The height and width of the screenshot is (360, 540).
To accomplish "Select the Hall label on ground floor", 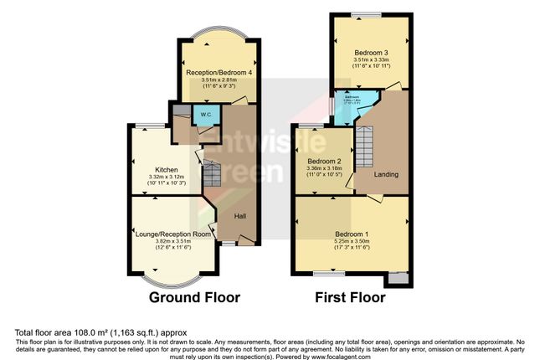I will [239, 215].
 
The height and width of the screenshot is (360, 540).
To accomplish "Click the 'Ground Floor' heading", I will [194, 297].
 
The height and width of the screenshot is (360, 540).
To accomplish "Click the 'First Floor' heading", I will [349, 297].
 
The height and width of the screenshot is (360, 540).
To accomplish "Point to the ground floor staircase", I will [212, 175].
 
